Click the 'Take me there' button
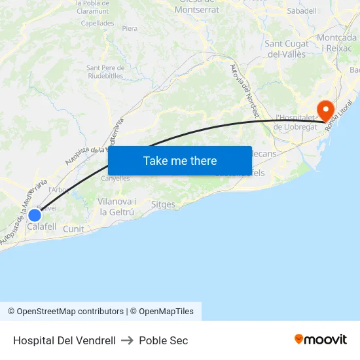coord(180,160)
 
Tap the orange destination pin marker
coord(325,110)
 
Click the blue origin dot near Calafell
coord(35,215)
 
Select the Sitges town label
coord(163,205)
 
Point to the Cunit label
coord(74,229)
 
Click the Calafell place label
coord(42,227)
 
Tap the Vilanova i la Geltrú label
coord(117,207)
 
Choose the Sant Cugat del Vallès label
coord(287,49)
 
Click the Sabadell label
coord(302,11)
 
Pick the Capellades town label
coord(98,23)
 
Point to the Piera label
coord(130,28)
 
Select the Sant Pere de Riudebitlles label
coord(105,71)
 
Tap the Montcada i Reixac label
coord(337,43)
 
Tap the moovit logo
coord(320,339)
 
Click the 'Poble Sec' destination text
coord(164,340)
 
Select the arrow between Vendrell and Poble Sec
coord(127,340)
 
